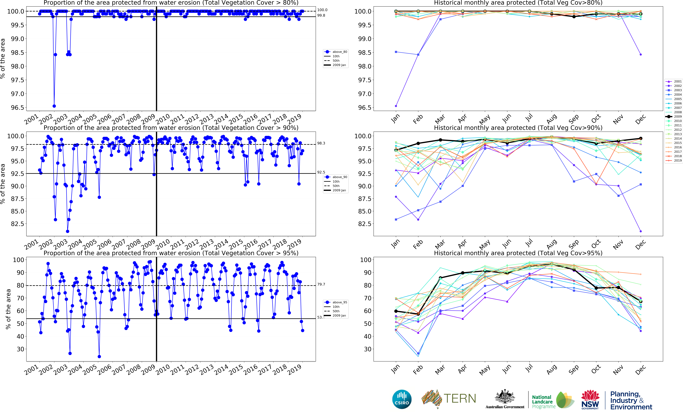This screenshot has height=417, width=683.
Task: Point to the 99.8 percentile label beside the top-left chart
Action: (321, 16)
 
